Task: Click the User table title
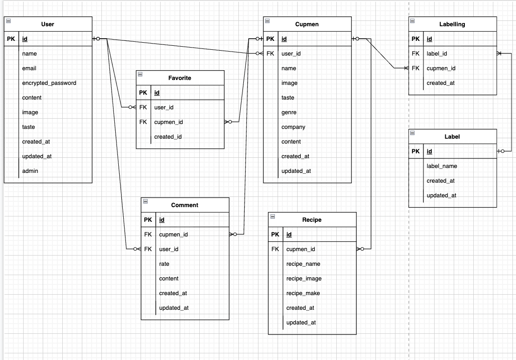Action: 48,24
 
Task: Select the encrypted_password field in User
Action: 49,83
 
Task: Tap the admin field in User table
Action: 30,171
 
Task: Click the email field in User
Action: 29,68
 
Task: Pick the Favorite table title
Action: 180,78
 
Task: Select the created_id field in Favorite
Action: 168,137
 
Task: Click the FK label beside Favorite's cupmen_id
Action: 143,122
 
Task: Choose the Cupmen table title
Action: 307,24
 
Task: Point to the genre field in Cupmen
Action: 289,112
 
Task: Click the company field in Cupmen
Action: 293,127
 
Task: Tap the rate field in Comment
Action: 164,264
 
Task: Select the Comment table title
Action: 185,205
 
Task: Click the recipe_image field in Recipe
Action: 304,279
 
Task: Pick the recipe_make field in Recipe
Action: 303,293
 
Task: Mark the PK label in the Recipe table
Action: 275,235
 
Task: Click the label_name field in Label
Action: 442,166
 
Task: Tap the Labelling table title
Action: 452,24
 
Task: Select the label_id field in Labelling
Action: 437,54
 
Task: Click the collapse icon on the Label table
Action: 412,133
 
